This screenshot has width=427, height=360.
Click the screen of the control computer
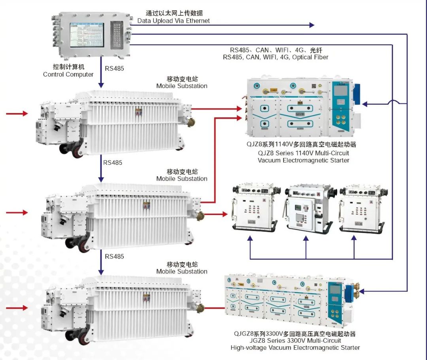(87, 34)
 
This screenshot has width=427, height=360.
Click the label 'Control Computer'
(68, 74)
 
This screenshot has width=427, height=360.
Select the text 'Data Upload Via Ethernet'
(174, 21)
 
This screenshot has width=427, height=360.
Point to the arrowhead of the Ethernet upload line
(312, 25)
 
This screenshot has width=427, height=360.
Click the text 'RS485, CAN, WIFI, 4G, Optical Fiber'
(276, 57)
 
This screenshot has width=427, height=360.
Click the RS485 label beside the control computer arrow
(114, 68)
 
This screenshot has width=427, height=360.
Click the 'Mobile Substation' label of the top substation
(182, 86)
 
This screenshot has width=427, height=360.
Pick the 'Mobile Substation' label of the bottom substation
(182, 271)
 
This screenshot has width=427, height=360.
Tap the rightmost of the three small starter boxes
(361, 208)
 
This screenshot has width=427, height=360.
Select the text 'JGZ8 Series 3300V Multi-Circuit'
(295, 341)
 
